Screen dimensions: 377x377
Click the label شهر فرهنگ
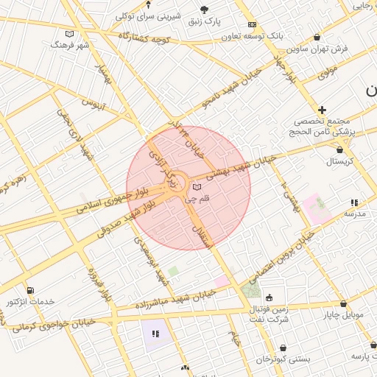tap(69, 45)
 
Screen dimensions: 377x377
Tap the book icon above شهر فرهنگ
tap(70, 34)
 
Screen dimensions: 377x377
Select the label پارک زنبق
tap(204, 21)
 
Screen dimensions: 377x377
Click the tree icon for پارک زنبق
tap(204, 10)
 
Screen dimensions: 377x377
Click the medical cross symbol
tap(322, 110)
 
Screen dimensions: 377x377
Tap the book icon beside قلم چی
tap(197, 188)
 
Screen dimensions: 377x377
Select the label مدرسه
tap(355, 213)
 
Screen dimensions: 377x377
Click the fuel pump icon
tap(30, 291)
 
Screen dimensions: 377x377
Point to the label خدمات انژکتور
tap(31, 302)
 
